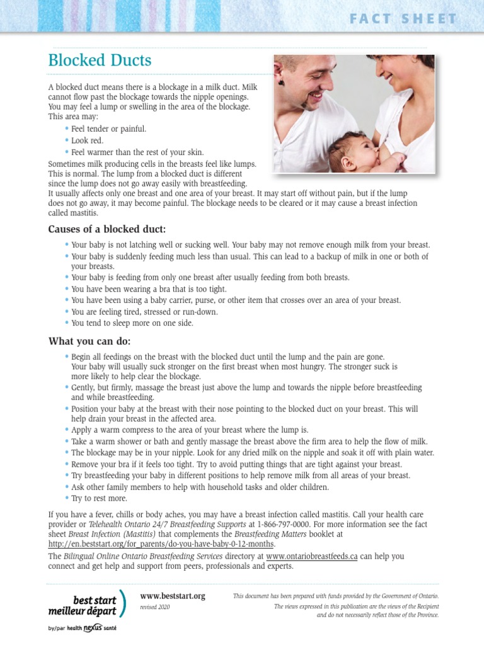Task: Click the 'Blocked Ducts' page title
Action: (x=100, y=61)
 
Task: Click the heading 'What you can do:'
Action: (x=89, y=341)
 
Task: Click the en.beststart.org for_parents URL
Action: (x=161, y=543)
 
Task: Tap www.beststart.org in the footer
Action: (x=172, y=596)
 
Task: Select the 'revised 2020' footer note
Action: (x=155, y=607)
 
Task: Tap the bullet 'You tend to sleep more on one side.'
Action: (x=132, y=323)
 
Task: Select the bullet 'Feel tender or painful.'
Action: (x=108, y=128)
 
